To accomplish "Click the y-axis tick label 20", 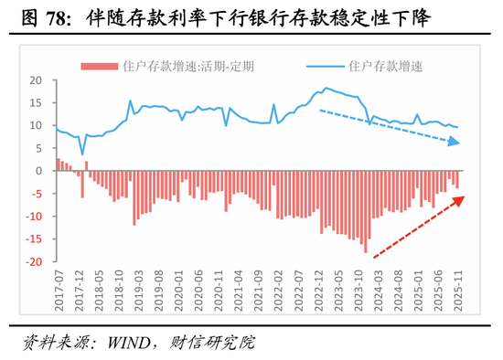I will click(x=37, y=79).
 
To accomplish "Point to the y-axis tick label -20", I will click(x=35, y=262).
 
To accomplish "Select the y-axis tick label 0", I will click(x=40, y=171).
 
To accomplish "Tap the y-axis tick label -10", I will click(x=35, y=217).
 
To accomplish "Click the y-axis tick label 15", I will click(x=37, y=102).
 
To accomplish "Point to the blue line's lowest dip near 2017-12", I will click(x=81, y=154).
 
